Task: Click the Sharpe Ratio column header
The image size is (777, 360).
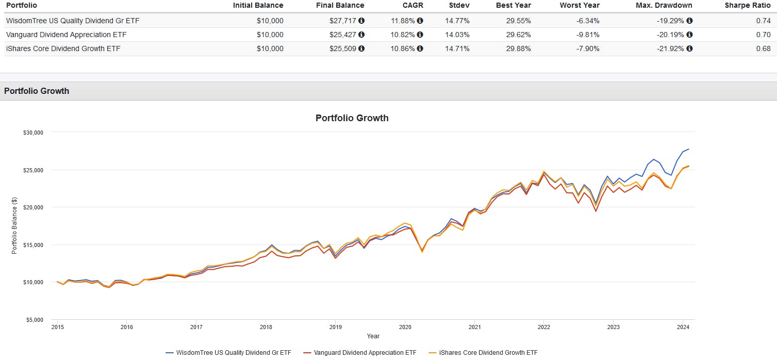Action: coord(748,5)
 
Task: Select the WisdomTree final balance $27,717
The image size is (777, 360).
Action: coord(343,21)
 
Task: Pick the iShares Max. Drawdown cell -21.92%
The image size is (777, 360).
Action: coord(670,48)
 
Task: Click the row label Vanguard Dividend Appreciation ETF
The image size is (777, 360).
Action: coord(66,35)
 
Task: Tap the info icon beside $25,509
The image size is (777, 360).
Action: coord(361,48)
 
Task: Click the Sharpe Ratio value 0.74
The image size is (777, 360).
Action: coord(764,21)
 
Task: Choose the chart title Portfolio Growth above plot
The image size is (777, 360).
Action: coord(352,118)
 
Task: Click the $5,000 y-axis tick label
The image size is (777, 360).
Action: coord(34,320)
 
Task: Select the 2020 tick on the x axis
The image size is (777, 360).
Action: coord(405,326)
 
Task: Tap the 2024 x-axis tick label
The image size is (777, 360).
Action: coord(683,326)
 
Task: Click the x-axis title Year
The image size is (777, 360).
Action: coord(373,336)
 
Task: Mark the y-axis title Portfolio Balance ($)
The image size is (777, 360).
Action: coord(14,226)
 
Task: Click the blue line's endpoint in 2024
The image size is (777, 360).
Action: coord(689,149)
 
